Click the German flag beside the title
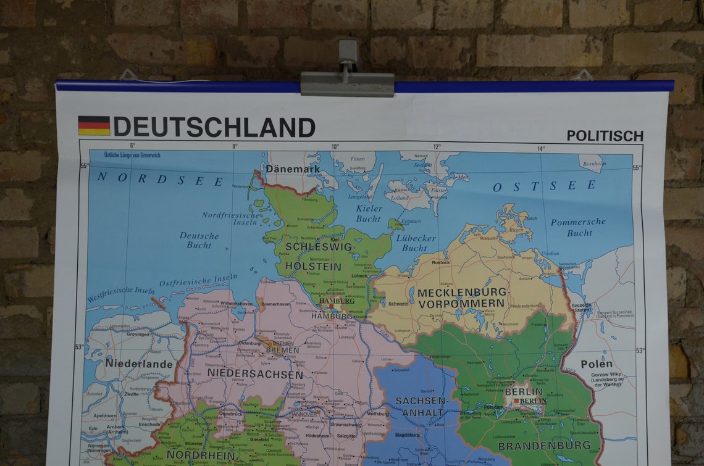tap(94, 125)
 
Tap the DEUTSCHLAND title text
tap(214, 127)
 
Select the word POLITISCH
tap(605, 136)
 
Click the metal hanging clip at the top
tap(347, 80)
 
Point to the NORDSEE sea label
tap(160, 180)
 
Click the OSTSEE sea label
tap(544, 186)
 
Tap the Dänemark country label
tap(293, 169)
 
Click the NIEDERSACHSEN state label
tap(255, 374)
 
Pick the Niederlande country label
tap(139, 364)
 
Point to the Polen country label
tap(596, 364)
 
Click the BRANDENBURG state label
tap(544, 445)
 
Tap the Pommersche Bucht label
tap(578, 227)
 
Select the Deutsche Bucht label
tap(199, 240)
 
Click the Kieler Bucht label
tap(369, 214)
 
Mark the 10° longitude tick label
tap(335, 147)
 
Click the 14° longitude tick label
tap(540, 149)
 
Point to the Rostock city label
tap(441, 262)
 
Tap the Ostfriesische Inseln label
tap(198, 280)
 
